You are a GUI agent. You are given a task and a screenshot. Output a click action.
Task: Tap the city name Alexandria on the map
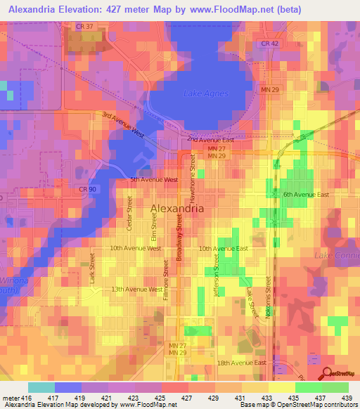178,209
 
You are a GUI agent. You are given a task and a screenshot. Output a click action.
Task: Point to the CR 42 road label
270,44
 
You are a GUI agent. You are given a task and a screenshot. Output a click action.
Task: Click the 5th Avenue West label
153,180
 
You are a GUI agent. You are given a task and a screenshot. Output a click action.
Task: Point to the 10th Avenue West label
136,248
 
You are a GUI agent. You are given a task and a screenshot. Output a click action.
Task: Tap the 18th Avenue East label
242,363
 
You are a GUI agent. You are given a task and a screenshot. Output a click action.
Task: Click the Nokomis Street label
269,297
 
